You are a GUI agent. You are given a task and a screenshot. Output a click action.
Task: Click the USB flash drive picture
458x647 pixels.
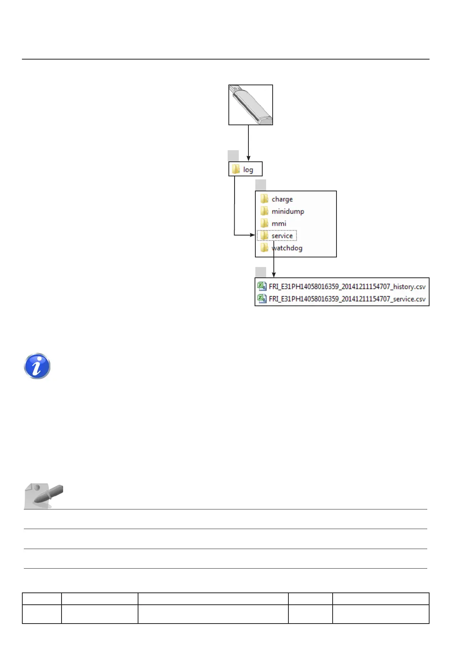251,105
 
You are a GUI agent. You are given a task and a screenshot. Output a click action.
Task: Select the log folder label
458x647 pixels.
248,169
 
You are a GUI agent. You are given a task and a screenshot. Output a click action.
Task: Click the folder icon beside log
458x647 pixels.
236,169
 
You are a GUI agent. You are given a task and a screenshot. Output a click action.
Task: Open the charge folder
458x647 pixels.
282,199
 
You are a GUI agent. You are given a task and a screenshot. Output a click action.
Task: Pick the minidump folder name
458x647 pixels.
288,211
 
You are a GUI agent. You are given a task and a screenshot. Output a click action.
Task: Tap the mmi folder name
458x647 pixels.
279,224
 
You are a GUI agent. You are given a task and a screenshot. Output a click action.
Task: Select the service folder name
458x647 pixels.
282,236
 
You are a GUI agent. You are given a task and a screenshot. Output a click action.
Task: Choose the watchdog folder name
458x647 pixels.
287,248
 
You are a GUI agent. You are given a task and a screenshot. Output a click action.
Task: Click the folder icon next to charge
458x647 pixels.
264,199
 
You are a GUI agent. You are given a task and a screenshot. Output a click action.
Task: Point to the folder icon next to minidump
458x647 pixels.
264,211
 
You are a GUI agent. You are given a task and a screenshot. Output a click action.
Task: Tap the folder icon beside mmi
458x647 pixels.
264,223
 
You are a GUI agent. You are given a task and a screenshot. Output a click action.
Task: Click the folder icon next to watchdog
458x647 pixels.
264,248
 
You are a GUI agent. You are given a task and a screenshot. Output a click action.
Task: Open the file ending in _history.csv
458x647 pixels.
347,287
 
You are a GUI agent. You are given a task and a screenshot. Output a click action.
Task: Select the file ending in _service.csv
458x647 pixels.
347,299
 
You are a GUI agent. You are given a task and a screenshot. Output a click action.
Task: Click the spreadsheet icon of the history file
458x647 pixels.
262,286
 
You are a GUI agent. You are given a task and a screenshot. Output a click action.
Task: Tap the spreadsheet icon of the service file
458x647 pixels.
262,299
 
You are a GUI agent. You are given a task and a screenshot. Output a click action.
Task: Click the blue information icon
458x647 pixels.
37,366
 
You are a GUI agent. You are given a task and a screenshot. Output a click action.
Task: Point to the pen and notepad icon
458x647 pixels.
43,495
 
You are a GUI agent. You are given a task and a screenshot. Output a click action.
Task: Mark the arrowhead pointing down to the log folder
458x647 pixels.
248,158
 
